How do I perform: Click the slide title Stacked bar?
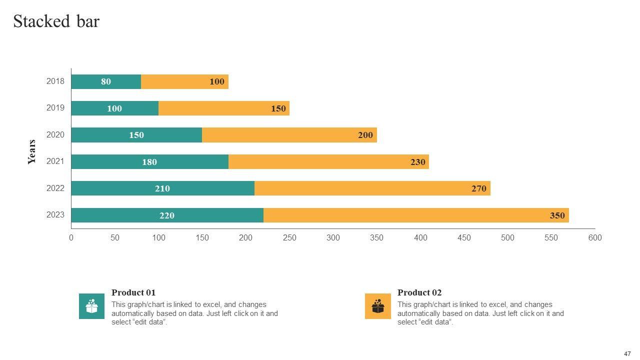pyautogui.click(x=56, y=21)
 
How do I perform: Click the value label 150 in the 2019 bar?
pyautogui.click(x=278, y=108)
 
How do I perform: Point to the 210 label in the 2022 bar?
pyautogui.click(x=162, y=188)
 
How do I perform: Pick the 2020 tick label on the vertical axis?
pyautogui.click(x=55, y=135)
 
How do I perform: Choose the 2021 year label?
pyautogui.click(x=55, y=161)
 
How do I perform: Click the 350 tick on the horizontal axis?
pyautogui.click(x=376, y=238)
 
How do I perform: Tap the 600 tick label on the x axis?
pyautogui.click(x=595, y=238)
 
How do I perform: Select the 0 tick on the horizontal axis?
pyautogui.click(x=71, y=238)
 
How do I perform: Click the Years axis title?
pyautogui.click(x=32, y=152)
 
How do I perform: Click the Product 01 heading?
pyautogui.click(x=133, y=293)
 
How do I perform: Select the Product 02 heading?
pyautogui.click(x=419, y=293)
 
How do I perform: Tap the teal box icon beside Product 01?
pyautogui.click(x=91, y=306)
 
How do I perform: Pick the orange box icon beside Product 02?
pyautogui.click(x=377, y=306)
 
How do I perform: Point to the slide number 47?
pyautogui.click(x=627, y=353)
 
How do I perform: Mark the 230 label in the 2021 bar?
pyautogui.click(x=417, y=162)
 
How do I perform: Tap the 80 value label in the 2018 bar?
pyautogui.click(x=106, y=81)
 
